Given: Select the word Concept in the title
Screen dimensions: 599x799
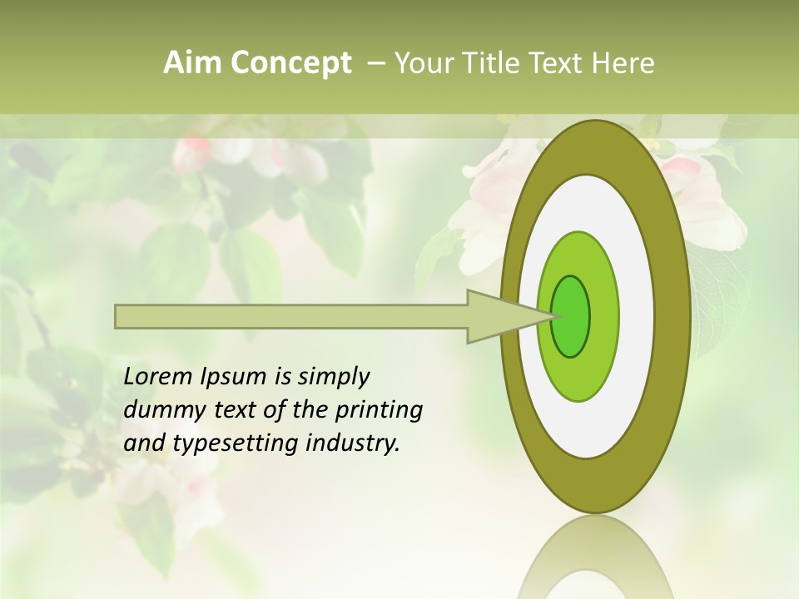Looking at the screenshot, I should click(x=291, y=63).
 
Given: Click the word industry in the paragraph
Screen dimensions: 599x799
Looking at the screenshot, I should click(x=353, y=443).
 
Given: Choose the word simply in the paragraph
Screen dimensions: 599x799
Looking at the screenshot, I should click(x=332, y=378).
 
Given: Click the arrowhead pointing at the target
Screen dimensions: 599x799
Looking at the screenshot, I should click(x=499, y=316).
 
